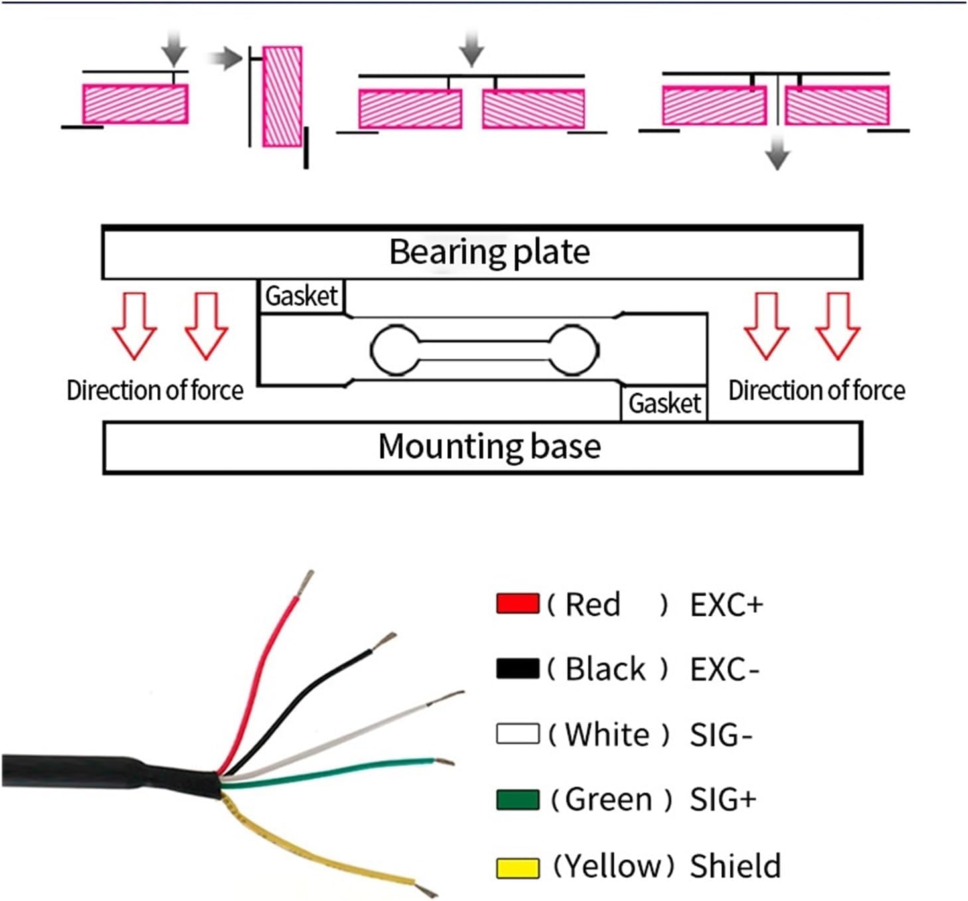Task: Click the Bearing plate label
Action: click(x=489, y=252)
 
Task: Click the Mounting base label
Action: click(x=489, y=446)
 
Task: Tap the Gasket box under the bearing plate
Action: click(x=301, y=296)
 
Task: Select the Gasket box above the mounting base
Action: click(x=664, y=403)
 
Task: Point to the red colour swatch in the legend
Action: click(x=518, y=604)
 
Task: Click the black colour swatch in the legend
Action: click(x=518, y=669)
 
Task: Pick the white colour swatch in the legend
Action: click(x=518, y=734)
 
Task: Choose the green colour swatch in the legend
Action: click(x=518, y=799)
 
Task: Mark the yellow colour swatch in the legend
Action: click(x=518, y=867)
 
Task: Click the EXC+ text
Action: click(x=726, y=605)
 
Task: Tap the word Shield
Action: click(x=735, y=866)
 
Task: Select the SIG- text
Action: click(x=721, y=735)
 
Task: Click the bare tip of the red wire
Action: click(x=307, y=582)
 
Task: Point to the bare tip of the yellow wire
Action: click(x=427, y=888)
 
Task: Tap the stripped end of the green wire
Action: click(x=445, y=762)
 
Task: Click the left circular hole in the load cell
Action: click(x=395, y=350)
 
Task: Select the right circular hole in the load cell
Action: click(x=575, y=350)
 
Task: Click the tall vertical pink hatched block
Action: click(x=283, y=96)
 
